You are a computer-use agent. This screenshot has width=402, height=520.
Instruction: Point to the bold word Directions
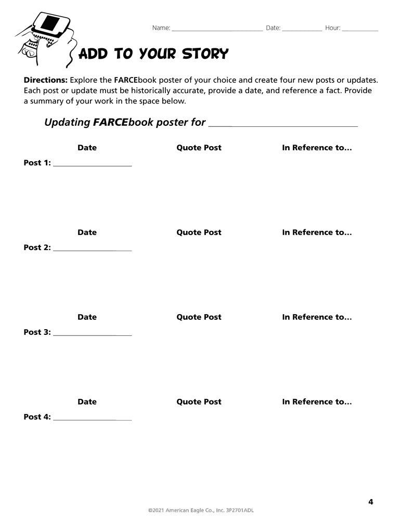click(x=46, y=81)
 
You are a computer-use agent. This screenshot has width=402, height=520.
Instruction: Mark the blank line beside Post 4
click(x=92, y=419)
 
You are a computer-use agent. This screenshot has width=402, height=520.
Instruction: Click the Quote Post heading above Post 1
click(x=199, y=148)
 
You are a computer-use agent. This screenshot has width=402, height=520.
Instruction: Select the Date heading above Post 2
click(x=87, y=232)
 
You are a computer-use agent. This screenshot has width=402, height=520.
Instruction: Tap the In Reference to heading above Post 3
click(x=317, y=317)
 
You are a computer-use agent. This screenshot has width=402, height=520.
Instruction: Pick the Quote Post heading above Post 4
click(x=199, y=402)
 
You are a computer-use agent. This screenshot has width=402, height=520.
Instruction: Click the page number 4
click(x=371, y=502)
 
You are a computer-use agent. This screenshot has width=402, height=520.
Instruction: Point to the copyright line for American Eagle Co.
click(x=201, y=511)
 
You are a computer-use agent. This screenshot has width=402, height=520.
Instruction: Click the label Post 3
click(x=37, y=332)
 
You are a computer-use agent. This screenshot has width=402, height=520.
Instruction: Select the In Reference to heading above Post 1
click(x=317, y=148)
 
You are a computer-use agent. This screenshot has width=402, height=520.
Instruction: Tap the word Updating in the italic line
click(x=67, y=123)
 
